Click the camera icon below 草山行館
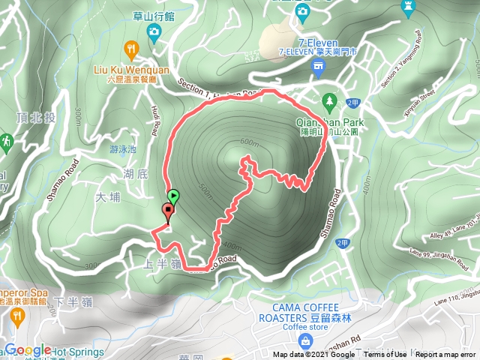[154, 31]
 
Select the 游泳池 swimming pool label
[123, 149]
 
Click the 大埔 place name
[108, 198]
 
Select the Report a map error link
[445, 355]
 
